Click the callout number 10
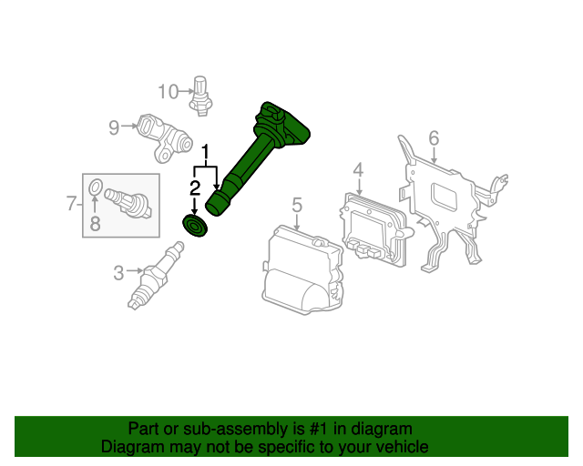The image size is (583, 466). pyautogui.click(x=168, y=91)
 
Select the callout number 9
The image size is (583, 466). pyautogui.click(x=114, y=127)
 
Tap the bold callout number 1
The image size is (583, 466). pyautogui.click(x=205, y=152)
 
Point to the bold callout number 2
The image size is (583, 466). pyautogui.click(x=195, y=188)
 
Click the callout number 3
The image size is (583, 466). pyautogui.click(x=118, y=273)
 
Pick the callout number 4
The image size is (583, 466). pyautogui.click(x=358, y=169)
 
